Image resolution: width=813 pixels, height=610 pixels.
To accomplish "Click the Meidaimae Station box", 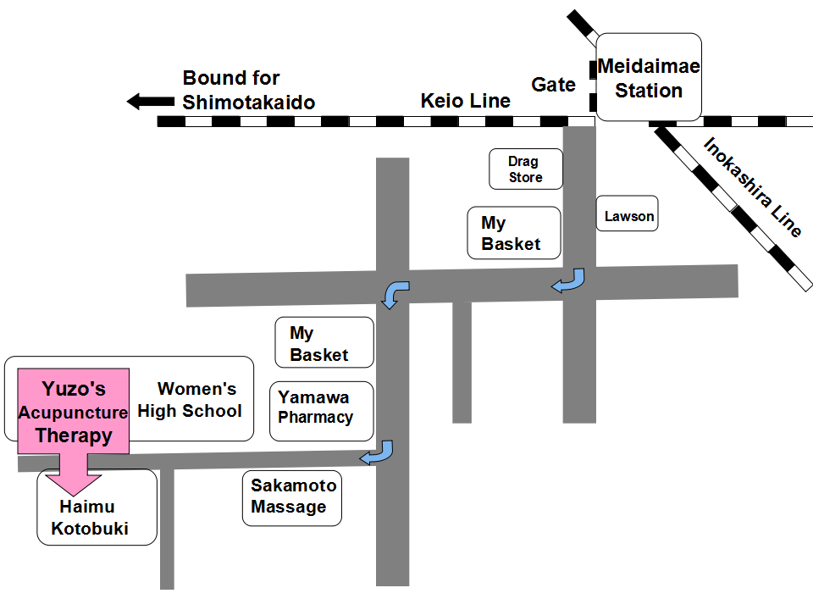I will coord(649,77).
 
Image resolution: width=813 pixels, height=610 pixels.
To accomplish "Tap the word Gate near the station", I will coord(553,85).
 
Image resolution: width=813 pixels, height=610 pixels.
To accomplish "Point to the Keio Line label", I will coord(466,102).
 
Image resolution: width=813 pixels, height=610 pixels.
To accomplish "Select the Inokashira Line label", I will coord(751,187).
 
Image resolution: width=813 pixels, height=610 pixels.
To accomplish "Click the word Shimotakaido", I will coord(249,103).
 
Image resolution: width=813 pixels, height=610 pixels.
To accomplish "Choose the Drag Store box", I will coord(525,169).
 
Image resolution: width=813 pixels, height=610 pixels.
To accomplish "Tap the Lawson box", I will coord(628,216).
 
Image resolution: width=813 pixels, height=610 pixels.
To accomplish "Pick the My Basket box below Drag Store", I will coord(515,233).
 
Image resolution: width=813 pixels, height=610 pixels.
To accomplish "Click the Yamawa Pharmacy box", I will coord(321,411).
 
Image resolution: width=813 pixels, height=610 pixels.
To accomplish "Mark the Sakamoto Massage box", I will coord(292,497).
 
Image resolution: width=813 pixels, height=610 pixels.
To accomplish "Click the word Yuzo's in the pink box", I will coord(74,389).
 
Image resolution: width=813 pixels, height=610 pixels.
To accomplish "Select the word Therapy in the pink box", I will coord(74,435).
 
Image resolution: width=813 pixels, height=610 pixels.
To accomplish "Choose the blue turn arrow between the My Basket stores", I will coord(395,294).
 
